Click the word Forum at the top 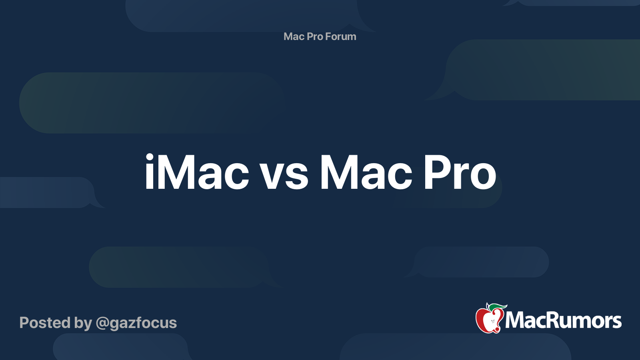pos(341,36)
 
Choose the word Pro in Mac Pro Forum pos(315,36)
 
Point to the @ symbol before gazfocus pos(102,323)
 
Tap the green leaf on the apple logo pos(498,307)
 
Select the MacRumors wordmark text pos(563,321)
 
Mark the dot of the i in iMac pos(150,157)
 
